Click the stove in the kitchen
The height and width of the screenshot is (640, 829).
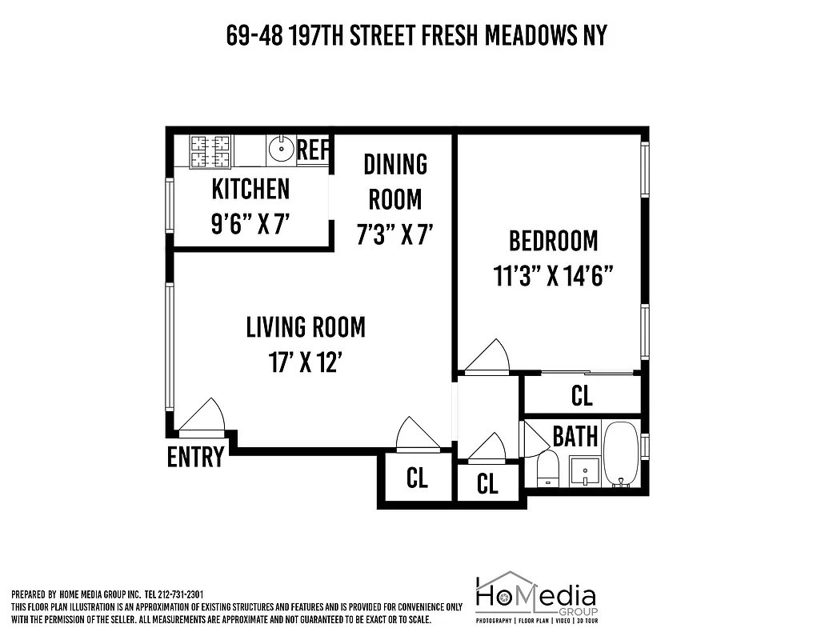tap(210, 150)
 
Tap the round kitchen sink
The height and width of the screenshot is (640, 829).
tap(280, 149)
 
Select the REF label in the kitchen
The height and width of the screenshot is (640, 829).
tap(313, 149)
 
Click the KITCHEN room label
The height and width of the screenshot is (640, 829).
tap(250, 190)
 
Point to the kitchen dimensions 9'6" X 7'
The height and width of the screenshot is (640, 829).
tap(250, 224)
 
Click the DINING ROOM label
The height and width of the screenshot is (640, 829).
tap(395, 181)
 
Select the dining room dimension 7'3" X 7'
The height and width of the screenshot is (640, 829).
tap(395, 234)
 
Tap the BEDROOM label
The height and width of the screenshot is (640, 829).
tap(553, 240)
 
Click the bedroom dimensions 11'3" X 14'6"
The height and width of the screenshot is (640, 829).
tap(553, 276)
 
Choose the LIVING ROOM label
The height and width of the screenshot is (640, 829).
tap(305, 326)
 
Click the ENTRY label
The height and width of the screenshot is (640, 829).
tap(195, 457)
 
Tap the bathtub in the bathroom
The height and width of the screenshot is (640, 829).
tap(620, 454)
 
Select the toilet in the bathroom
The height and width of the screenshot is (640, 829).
tap(548, 468)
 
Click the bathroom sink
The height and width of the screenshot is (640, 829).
tap(586, 470)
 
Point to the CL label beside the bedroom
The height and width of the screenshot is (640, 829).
tap(582, 395)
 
